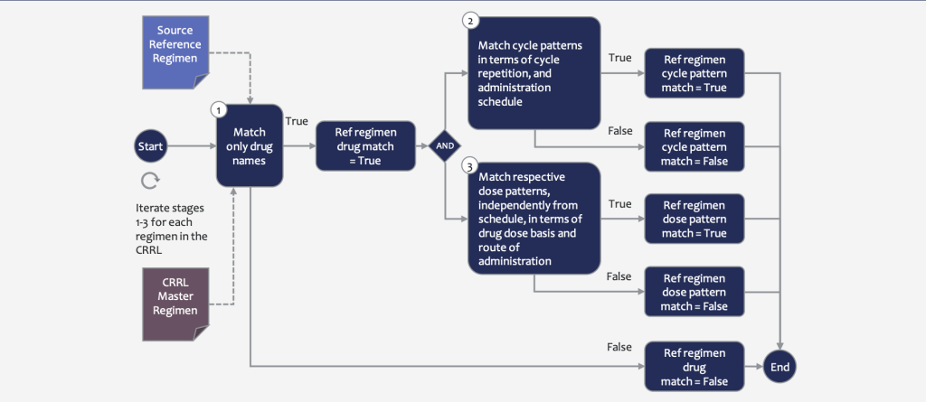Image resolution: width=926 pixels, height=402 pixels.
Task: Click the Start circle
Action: pyautogui.click(x=151, y=145)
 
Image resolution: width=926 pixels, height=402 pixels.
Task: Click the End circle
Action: pyautogui.click(x=780, y=367)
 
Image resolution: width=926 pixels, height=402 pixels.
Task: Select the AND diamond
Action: pyautogui.click(x=445, y=145)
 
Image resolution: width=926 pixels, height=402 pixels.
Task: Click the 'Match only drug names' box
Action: pyautogui.click(x=250, y=145)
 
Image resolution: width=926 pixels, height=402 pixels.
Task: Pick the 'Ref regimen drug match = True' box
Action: pyautogui.click(x=365, y=145)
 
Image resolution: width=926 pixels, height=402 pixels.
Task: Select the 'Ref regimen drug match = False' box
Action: pyautogui.click(x=694, y=367)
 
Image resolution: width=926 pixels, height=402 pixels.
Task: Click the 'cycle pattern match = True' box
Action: pyautogui.click(x=694, y=73)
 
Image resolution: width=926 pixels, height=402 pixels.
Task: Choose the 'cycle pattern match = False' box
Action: pyautogui.click(x=694, y=146)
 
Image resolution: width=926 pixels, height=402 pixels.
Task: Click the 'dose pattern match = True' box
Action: pyautogui.click(x=694, y=219)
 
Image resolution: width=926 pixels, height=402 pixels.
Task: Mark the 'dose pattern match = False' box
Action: pyautogui.click(x=694, y=292)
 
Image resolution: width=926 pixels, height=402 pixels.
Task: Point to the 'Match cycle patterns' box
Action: pyautogui.click(x=534, y=72)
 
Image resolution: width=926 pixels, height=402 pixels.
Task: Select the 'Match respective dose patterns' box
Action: pyautogui.click(x=534, y=219)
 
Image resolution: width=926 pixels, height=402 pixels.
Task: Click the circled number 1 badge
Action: pyautogui.click(x=219, y=110)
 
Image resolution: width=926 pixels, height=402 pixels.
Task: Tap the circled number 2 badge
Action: pyautogui.click(x=470, y=22)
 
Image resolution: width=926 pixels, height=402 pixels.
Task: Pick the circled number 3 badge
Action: pyautogui.click(x=470, y=166)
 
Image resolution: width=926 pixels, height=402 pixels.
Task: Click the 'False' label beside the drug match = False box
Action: pyautogui.click(x=619, y=347)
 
